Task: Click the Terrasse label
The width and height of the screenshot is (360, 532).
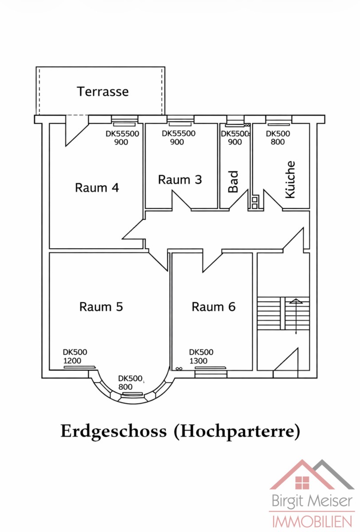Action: pyautogui.click(x=103, y=91)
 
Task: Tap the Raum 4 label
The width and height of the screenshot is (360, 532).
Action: pyautogui.click(x=97, y=188)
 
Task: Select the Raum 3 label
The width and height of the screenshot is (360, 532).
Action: pyautogui.click(x=180, y=180)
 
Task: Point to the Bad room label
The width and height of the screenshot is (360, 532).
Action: pyautogui.click(x=234, y=181)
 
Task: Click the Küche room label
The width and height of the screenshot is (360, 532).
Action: pyautogui.click(x=290, y=179)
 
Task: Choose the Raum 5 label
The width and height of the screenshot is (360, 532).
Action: pyautogui.click(x=101, y=306)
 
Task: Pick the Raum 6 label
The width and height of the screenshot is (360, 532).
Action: pyautogui.click(x=213, y=306)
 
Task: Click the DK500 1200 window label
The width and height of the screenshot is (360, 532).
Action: pyautogui.click(x=75, y=356)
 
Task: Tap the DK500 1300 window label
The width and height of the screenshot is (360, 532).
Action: pyautogui.click(x=201, y=356)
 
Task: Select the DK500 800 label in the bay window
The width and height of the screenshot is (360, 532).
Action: pyautogui.click(x=130, y=383)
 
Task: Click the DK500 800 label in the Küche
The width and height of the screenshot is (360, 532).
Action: pyautogui.click(x=278, y=137)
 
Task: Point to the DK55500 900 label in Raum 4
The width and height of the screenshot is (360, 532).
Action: pyautogui.click(x=122, y=137)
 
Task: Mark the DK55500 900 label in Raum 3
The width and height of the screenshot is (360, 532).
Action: pyautogui.click(x=178, y=137)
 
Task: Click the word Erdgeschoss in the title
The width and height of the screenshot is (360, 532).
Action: pyautogui.click(x=113, y=431)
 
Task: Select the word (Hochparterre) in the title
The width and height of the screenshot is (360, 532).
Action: pyautogui.click(x=236, y=431)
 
